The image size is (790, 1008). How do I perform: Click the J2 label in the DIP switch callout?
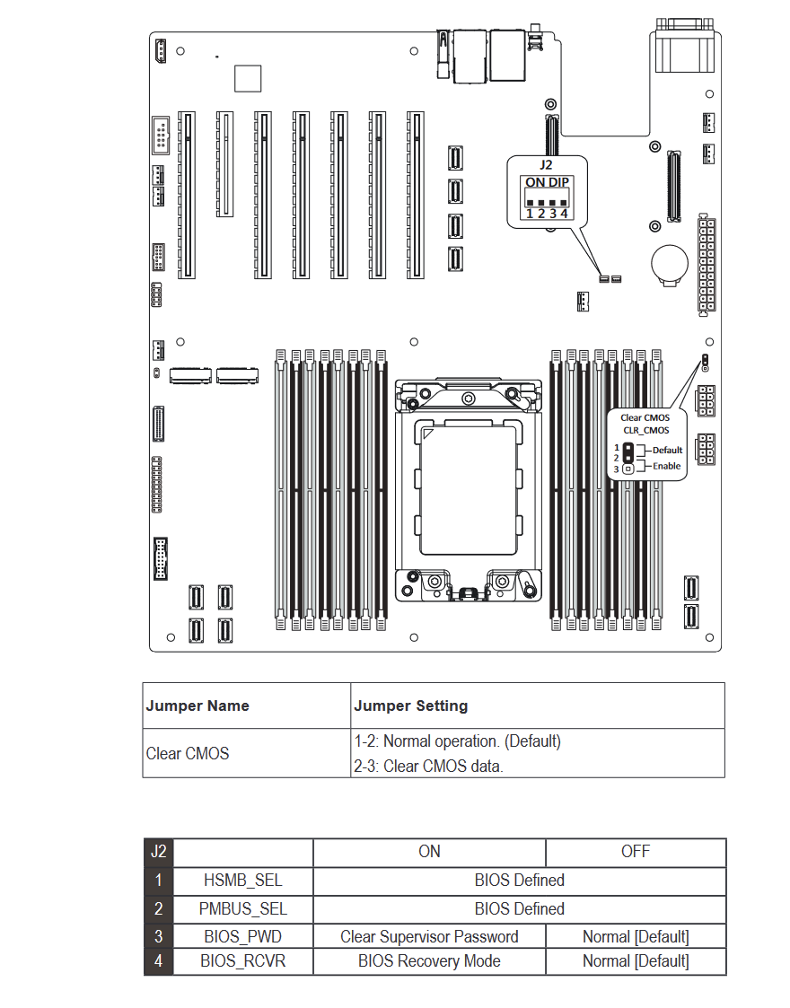[x=546, y=165]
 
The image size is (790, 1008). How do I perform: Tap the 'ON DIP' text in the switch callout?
[x=547, y=182]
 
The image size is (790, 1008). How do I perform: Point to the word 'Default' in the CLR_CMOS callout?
[x=667, y=450]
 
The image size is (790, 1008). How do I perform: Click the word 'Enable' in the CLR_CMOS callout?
[x=666, y=466]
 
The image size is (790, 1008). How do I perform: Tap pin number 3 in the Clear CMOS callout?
[x=616, y=469]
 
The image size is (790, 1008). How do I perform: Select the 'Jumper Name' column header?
[x=197, y=706]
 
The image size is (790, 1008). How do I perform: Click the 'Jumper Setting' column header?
[x=411, y=706]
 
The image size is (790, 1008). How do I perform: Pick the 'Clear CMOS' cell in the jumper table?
[x=188, y=753]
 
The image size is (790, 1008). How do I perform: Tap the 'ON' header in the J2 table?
[x=429, y=851]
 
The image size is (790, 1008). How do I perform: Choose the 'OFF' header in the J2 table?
[x=636, y=851]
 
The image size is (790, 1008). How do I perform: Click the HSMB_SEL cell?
[x=243, y=881]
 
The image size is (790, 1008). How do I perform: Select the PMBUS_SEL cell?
[x=243, y=909]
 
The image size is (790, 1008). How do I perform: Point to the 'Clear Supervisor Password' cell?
[x=429, y=937]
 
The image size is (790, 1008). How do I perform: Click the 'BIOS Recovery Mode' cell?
[x=429, y=961]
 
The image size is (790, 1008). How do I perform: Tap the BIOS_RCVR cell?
[x=243, y=961]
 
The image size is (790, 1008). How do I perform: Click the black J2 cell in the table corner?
[x=158, y=851]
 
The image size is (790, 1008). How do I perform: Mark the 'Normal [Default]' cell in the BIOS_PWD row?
[x=636, y=937]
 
